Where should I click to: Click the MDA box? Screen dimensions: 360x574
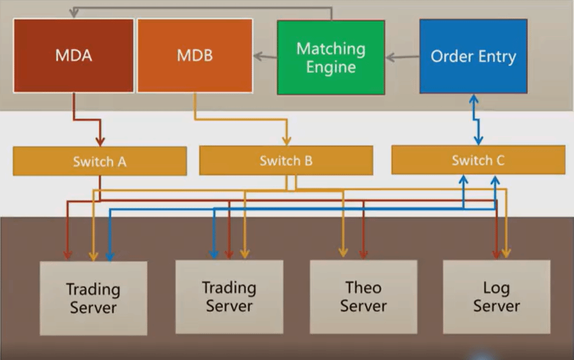[x=73, y=56]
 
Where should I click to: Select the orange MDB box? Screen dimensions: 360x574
[x=195, y=56]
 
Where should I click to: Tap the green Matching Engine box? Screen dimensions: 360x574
[x=331, y=58]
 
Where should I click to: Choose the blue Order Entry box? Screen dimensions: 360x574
[x=473, y=56]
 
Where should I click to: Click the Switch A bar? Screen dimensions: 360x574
[x=99, y=161]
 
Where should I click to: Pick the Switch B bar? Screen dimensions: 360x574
[x=286, y=160]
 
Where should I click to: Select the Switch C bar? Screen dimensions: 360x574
[x=478, y=160]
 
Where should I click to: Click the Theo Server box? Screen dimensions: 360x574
[x=363, y=297]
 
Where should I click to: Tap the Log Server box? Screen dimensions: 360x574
[x=496, y=297]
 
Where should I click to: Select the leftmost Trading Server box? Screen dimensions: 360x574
[x=94, y=298]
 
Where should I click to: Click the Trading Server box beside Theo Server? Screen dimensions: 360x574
[x=229, y=297]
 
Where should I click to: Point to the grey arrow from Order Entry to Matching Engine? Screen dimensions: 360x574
[x=403, y=57]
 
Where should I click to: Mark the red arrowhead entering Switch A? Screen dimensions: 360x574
[x=100, y=141]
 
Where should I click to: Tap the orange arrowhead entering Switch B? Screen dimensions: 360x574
[x=286, y=140]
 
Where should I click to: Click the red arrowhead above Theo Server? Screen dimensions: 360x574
[x=363, y=254]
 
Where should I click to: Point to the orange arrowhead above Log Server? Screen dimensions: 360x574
[x=506, y=254]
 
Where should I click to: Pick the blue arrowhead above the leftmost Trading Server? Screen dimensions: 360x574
[x=109, y=256]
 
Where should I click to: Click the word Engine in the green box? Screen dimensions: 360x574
[x=331, y=67]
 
